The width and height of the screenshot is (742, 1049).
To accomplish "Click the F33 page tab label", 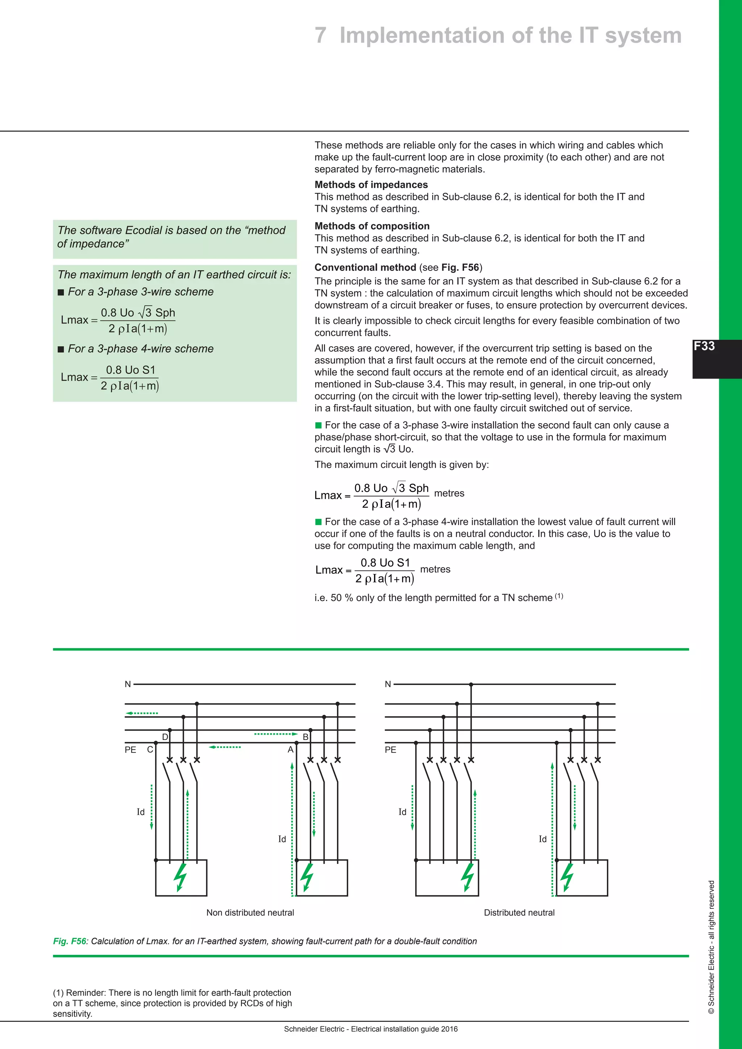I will tap(704, 346).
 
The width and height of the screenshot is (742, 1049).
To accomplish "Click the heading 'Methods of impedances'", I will tap(371, 185).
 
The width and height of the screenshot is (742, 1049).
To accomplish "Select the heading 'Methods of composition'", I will tap(372, 226).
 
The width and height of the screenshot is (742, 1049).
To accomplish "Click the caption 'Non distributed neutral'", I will tap(250, 912).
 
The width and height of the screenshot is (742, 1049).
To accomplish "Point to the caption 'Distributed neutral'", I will tap(519, 912).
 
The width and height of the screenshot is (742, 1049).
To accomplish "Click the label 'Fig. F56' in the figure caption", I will tap(70, 941).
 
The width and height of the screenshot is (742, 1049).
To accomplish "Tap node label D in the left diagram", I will tap(165, 737).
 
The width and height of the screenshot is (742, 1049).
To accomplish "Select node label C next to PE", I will tap(150, 750).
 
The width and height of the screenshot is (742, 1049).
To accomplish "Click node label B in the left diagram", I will tap(306, 737).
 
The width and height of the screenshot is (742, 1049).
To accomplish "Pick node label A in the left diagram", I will tap(290, 750).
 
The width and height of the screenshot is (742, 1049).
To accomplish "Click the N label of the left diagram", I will tap(128, 684).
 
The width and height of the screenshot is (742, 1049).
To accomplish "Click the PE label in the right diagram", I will tap(391, 750).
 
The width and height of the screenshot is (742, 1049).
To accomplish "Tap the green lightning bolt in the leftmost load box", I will tap(181, 877).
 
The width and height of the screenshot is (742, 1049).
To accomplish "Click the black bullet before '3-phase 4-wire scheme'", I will tap(61, 350).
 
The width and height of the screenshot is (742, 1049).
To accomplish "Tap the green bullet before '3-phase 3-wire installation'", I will tap(318, 425).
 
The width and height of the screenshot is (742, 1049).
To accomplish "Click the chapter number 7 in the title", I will tap(320, 35).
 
